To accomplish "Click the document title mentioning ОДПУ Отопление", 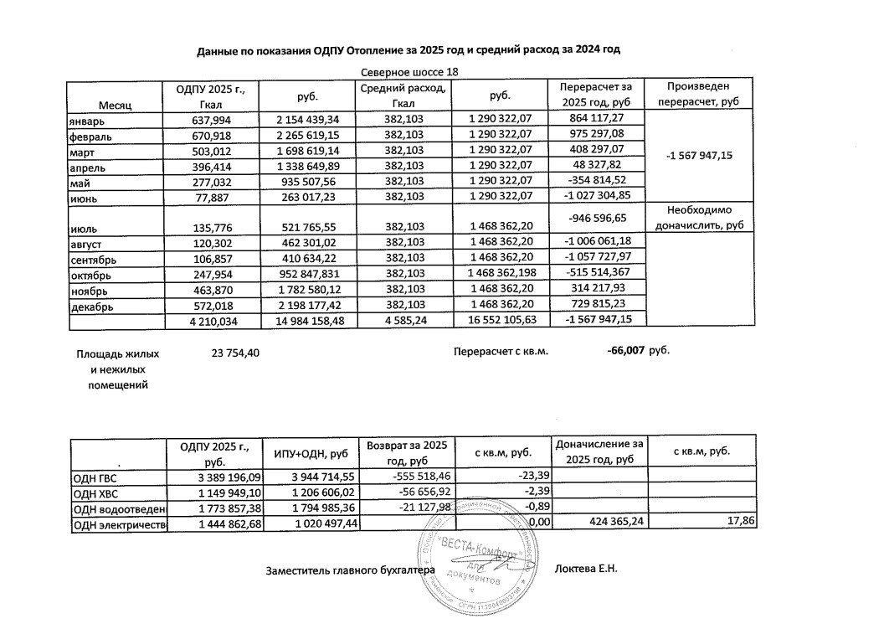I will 409,51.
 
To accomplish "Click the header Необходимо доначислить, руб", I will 694,218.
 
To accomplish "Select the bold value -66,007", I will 625,352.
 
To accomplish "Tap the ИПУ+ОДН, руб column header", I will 310,453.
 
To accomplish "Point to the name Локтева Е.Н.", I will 586,570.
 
